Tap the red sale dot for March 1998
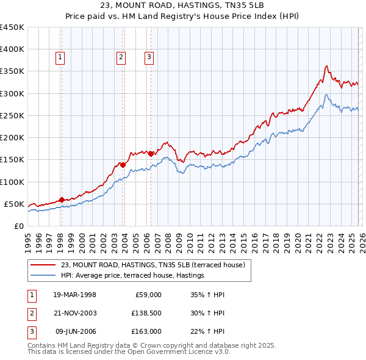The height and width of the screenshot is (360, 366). pyautogui.click(x=62, y=200)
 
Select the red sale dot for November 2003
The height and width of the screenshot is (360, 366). pyautogui.click(x=123, y=164)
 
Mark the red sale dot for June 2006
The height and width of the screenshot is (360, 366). pyautogui.click(x=151, y=154)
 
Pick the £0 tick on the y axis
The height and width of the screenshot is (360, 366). pyautogui.click(x=20, y=226)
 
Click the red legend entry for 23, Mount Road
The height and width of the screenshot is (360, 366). pyautogui.click(x=152, y=265)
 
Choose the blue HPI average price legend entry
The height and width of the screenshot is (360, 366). pyautogui.click(x=132, y=276)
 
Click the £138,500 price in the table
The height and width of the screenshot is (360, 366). pyautogui.click(x=145, y=312)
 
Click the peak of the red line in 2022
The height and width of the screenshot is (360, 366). pyautogui.click(x=328, y=65)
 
